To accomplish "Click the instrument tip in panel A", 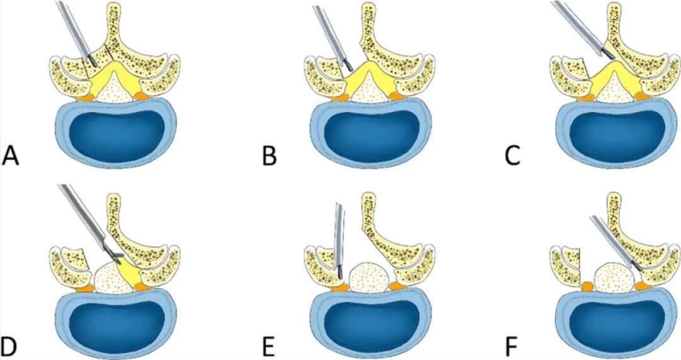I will tap(93, 62).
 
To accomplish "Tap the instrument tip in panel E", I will tap(339, 275).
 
